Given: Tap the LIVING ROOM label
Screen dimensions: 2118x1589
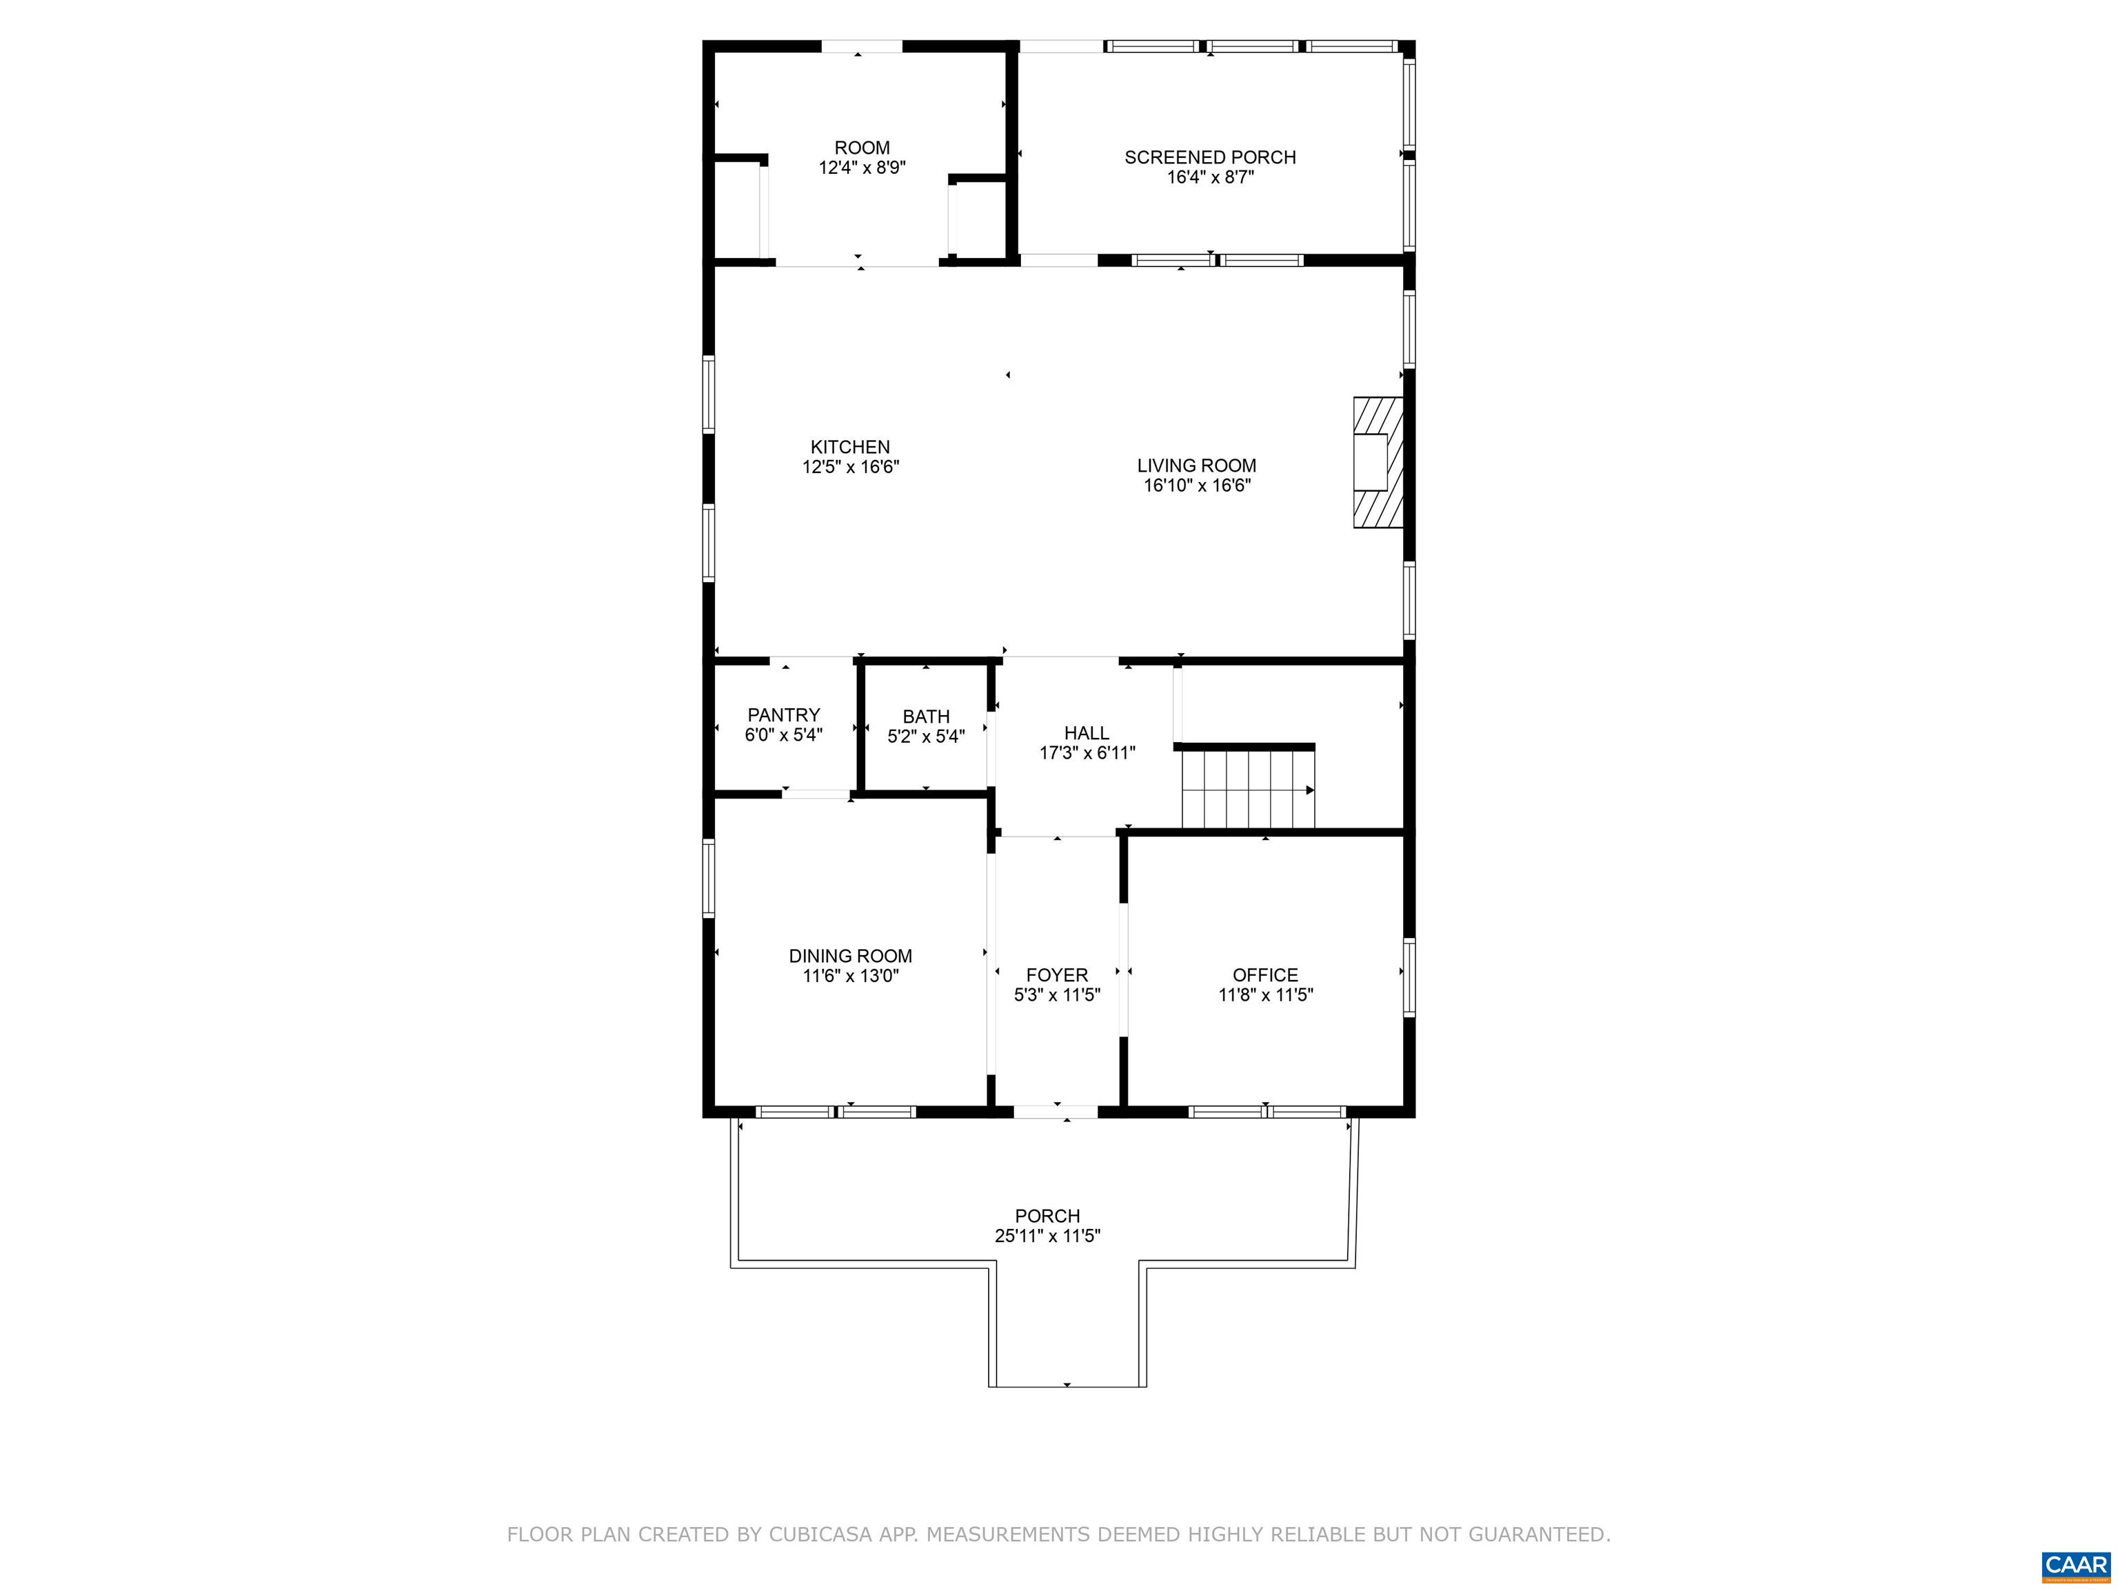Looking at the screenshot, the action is click(1197, 466).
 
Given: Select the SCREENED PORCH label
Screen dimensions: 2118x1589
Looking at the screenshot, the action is click(1210, 157).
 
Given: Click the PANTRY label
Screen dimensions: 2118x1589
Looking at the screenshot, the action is click(783, 715).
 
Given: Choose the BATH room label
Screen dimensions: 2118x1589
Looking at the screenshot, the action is click(926, 717).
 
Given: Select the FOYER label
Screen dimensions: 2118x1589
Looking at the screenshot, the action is click(1057, 975).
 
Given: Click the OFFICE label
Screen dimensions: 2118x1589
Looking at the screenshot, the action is click(1266, 975).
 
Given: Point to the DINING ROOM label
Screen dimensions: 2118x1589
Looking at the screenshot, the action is click(850, 956).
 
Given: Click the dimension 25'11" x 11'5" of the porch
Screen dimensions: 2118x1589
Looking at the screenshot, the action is click(1047, 1236).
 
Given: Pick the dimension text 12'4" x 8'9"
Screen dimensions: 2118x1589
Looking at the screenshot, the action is click(862, 168).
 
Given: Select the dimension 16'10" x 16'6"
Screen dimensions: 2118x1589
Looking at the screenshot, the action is click(1197, 486).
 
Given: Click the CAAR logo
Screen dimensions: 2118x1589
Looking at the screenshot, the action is click(2076, 1565).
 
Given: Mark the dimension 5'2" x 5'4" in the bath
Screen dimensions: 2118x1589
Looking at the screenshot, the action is click(926, 737).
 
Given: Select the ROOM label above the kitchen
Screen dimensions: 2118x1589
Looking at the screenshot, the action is click(862, 148).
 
